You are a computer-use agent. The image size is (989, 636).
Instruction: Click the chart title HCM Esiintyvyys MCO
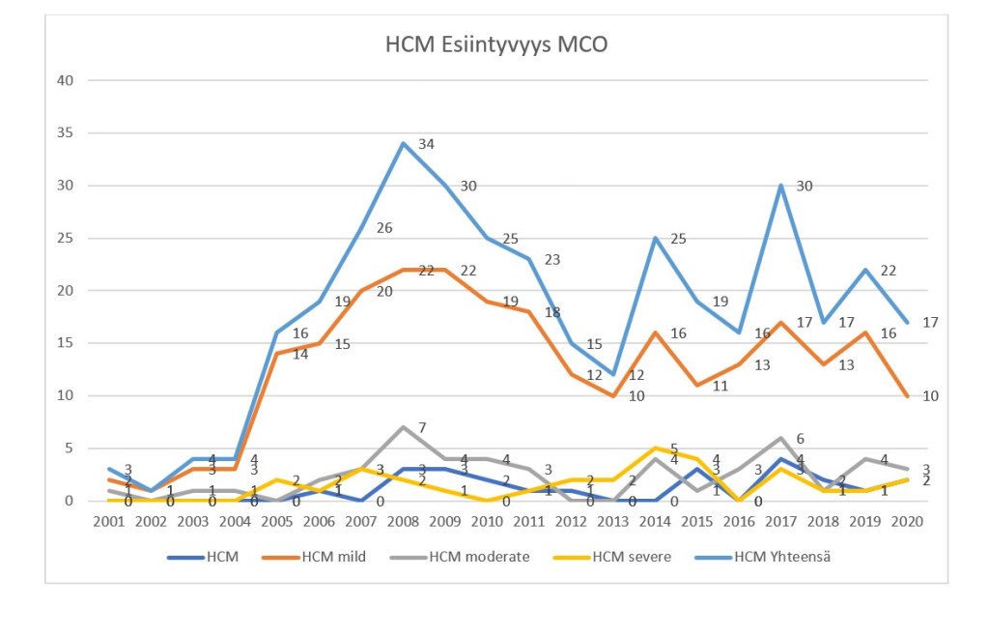[x=496, y=45]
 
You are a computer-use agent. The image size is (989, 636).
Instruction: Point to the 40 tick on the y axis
[x=66, y=80]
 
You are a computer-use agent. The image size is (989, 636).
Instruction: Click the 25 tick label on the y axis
[x=66, y=238]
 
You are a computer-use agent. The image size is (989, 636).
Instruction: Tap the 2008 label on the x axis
[x=403, y=521]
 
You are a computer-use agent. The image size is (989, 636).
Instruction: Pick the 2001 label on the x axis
[x=110, y=521]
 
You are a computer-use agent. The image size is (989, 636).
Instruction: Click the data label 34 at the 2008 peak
[x=426, y=144]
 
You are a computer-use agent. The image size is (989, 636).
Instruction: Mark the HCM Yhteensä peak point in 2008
[x=403, y=143]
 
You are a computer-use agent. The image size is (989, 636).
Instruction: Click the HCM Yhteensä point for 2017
[x=779, y=186]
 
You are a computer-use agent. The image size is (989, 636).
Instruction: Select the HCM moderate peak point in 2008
[x=403, y=427]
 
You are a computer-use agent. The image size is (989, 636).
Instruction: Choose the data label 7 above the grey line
[x=422, y=427]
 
